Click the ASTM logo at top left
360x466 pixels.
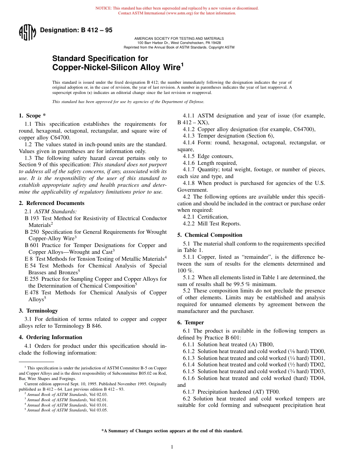(27, 32)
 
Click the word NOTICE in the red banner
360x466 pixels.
(103, 8)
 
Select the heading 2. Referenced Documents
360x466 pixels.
(52, 203)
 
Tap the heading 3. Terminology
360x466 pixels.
(38, 311)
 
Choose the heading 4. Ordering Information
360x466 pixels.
(50, 337)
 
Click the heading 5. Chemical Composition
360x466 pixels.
(210, 235)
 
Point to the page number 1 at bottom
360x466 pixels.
(172, 447)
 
